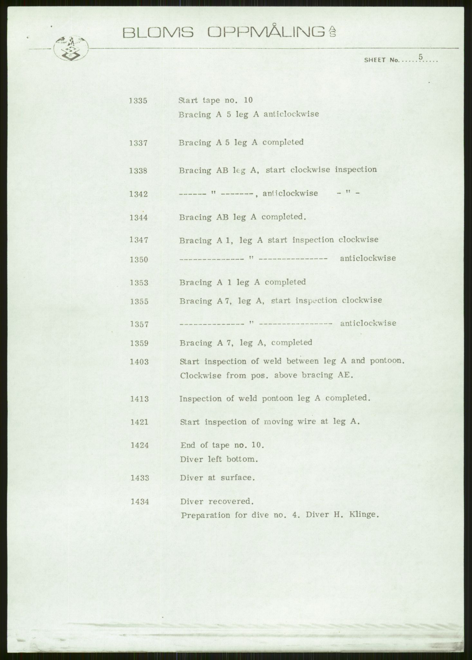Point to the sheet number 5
point(420,56)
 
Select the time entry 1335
point(138,101)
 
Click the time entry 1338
point(138,171)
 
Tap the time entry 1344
point(139,218)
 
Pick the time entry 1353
point(139,283)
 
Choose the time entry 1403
point(139,362)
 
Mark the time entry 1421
point(139,422)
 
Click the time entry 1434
point(140,501)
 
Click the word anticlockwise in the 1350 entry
point(368,258)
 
